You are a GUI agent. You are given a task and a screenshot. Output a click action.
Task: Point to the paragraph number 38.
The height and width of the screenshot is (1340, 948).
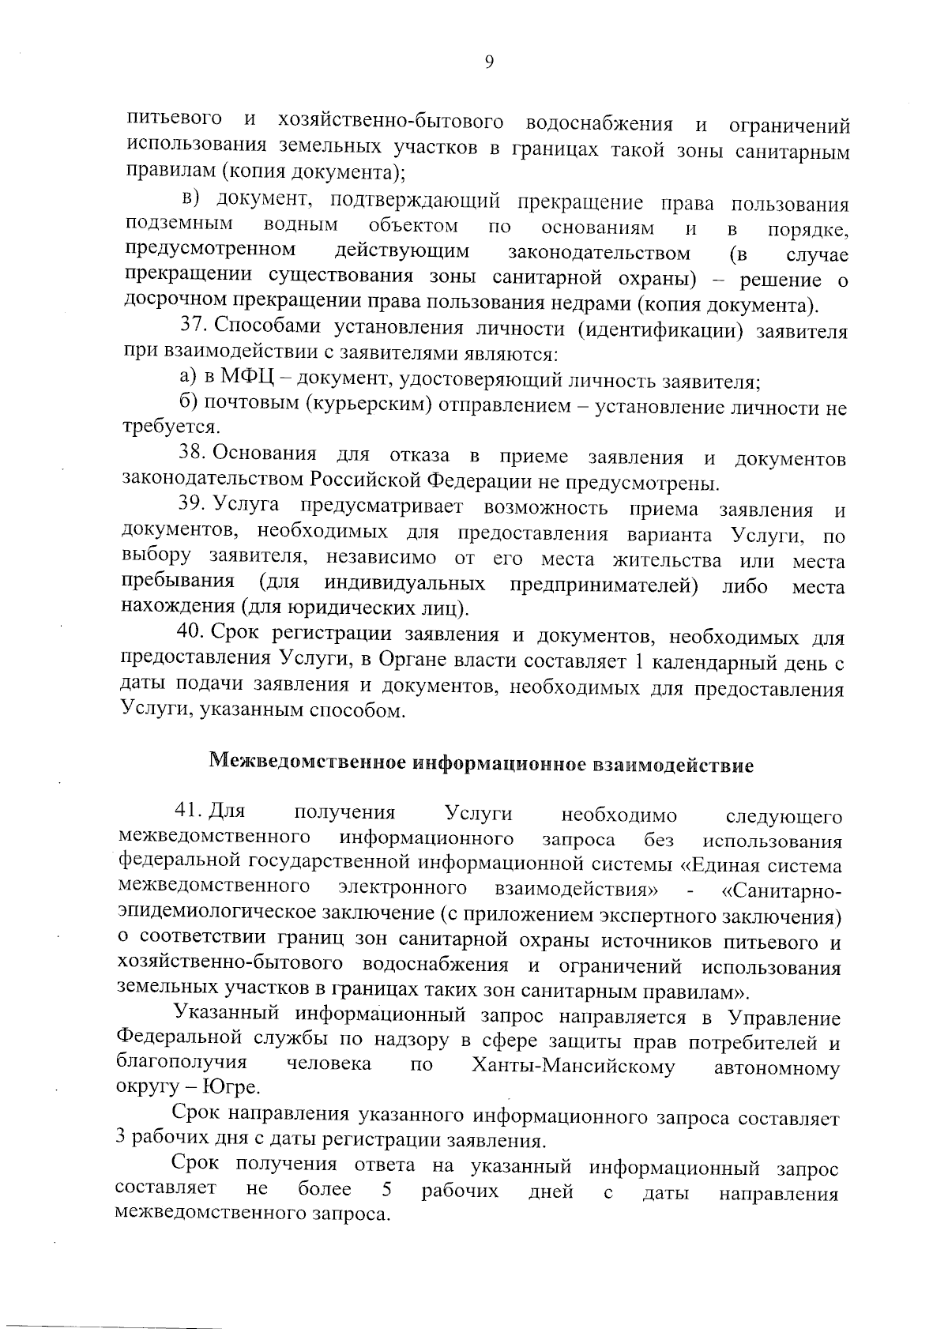(192, 455)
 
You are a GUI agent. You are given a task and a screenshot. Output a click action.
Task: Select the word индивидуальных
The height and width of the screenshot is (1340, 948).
(404, 584)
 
